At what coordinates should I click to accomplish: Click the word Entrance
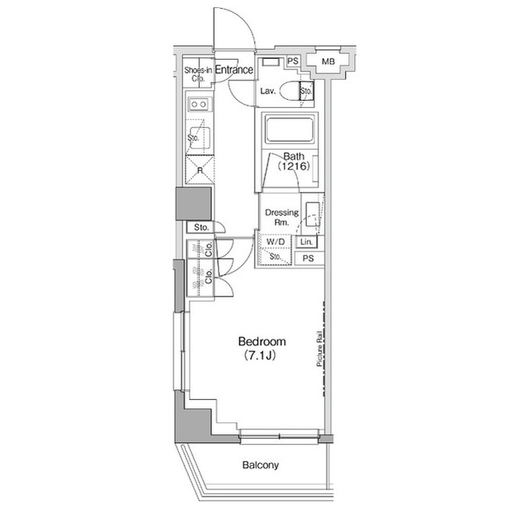click(x=235, y=71)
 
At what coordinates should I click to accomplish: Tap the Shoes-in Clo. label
click(x=198, y=74)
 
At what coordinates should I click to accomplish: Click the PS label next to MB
click(x=292, y=61)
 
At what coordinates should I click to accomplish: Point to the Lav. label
click(x=268, y=90)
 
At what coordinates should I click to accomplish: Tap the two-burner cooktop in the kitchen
click(x=199, y=104)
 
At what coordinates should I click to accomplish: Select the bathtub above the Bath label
click(x=288, y=130)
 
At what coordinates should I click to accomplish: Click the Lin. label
click(x=306, y=242)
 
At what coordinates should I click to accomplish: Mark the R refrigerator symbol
click(x=199, y=171)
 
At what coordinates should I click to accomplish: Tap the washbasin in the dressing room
click(x=312, y=214)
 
